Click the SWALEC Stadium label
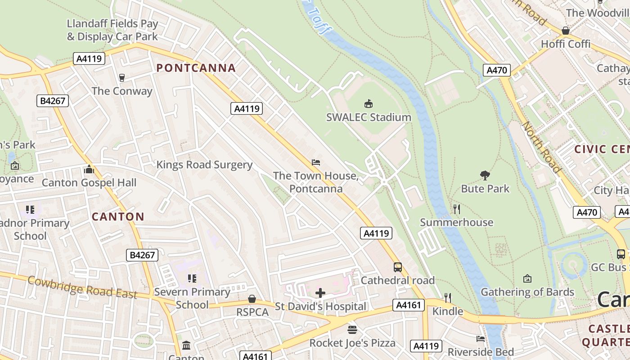(369, 117)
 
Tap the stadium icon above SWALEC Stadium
(369, 104)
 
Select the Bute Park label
(485, 189)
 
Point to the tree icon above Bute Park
(485, 175)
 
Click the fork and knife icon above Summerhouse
(457, 209)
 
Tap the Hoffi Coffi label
(565, 44)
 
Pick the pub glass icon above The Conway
(121, 77)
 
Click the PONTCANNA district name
(196, 68)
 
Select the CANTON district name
(118, 216)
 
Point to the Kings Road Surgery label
(204, 165)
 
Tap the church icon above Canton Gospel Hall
(89, 170)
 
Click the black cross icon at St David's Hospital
(320, 293)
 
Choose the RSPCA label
(252, 312)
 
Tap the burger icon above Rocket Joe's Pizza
(352, 330)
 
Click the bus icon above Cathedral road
(398, 267)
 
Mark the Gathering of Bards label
(527, 292)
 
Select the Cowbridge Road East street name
(82, 287)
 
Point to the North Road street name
(541, 148)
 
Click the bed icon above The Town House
(316, 162)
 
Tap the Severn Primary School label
(192, 298)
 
